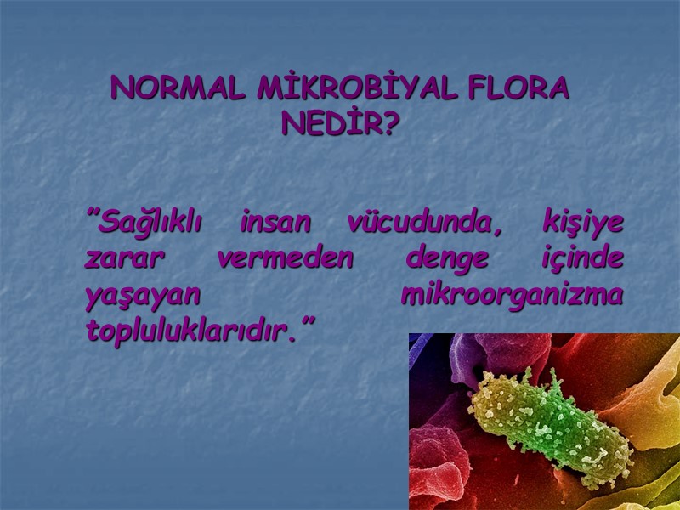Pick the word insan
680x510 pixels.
tap(275, 223)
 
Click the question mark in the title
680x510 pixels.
tap(390, 125)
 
